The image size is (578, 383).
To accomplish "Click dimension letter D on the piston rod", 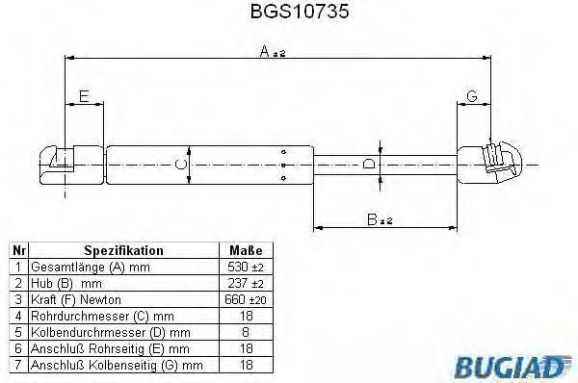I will (x=369, y=164).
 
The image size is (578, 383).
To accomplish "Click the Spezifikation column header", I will (x=123, y=249).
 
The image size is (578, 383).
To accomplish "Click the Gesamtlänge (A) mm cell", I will (x=82, y=266).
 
